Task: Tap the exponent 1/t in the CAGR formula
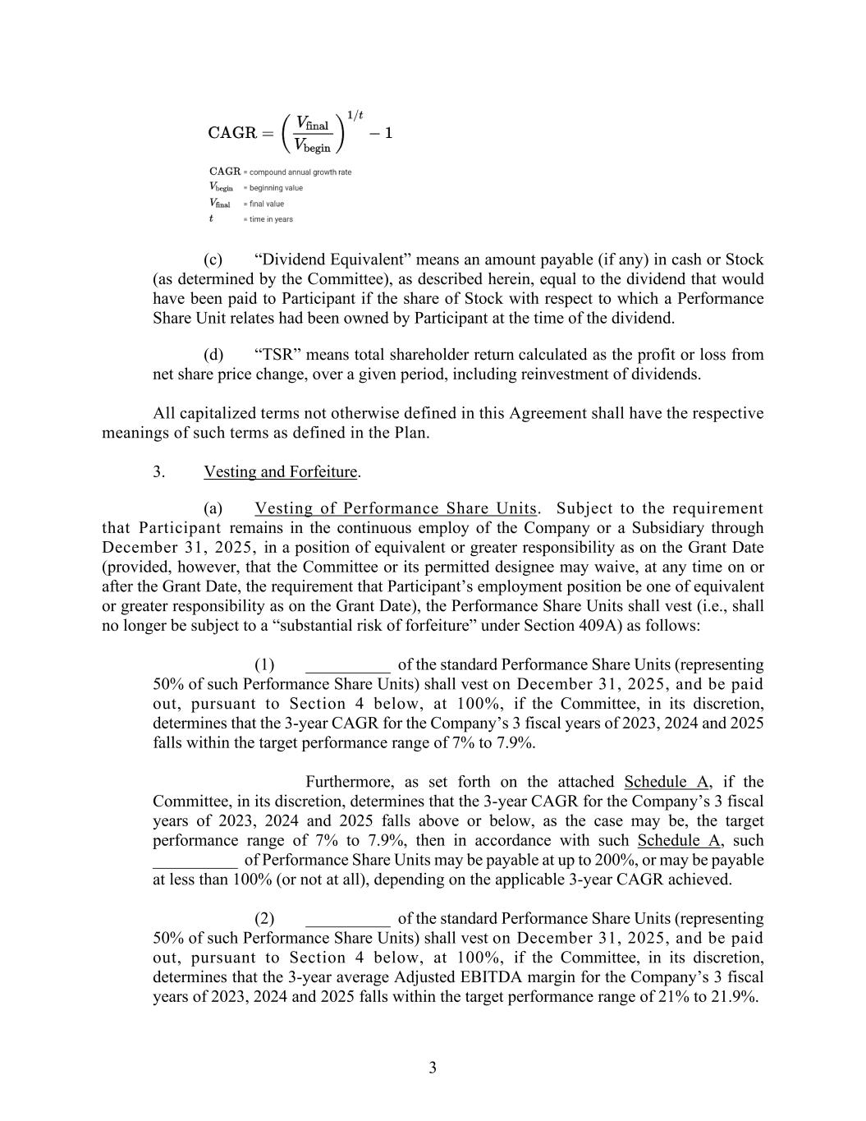tap(355, 114)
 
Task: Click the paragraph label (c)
tap(213, 260)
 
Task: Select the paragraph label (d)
tap(213, 355)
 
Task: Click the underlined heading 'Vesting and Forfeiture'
tap(281, 472)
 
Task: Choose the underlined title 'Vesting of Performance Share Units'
tap(395, 508)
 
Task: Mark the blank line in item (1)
tap(347, 665)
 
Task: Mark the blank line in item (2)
tap(347, 919)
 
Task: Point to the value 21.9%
tap(735, 997)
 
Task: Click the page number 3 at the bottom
tap(433, 1068)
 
